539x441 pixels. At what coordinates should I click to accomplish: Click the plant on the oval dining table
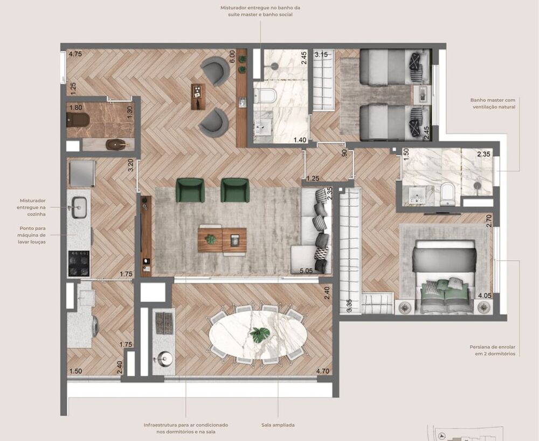click(x=260, y=334)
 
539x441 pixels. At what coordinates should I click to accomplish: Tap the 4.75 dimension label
click(x=75, y=54)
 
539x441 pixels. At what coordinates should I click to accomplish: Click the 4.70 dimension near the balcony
click(x=322, y=371)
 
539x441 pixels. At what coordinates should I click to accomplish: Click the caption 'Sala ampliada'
click(x=278, y=425)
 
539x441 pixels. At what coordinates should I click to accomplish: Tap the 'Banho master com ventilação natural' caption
click(x=492, y=103)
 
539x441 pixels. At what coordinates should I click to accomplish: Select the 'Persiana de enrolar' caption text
click(x=492, y=350)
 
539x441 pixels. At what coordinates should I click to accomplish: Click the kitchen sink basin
click(x=79, y=207)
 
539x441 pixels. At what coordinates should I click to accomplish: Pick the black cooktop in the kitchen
click(x=79, y=263)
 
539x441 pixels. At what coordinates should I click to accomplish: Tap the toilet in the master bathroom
click(x=448, y=195)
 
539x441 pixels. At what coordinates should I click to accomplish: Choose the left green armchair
click(x=190, y=190)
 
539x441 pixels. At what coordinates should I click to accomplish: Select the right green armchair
click(x=235, y=190)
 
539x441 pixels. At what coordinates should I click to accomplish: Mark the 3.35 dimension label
click(x=349, y=305)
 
